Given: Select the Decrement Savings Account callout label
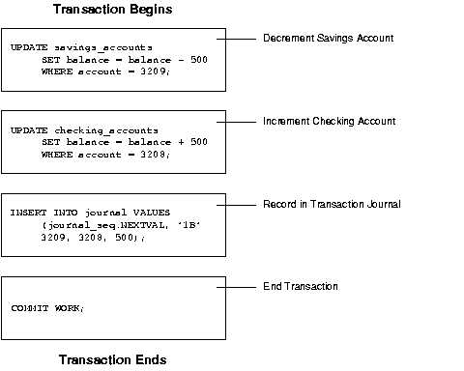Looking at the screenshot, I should click(x=328, y=38).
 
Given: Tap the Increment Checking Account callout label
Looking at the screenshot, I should click(x=329, y=121).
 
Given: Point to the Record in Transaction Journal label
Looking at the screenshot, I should click(x=332, y=204).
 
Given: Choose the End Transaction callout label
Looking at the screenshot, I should click(x=301, y=287).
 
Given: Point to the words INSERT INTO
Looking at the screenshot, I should click(x=38, y=212).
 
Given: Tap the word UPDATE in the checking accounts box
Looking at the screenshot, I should click(x=26, y=129).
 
